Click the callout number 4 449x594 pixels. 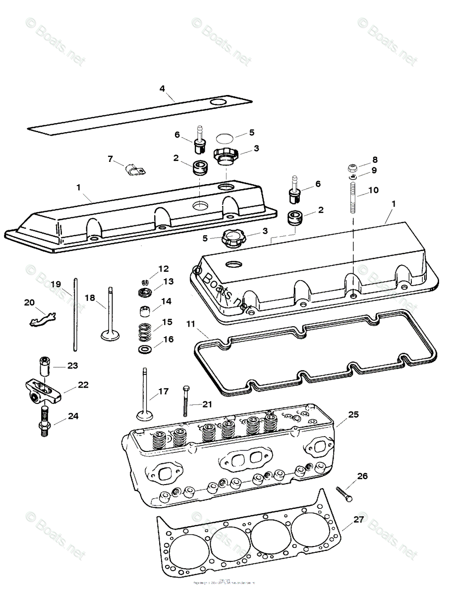coord(162,89)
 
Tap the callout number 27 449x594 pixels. coord(358,520)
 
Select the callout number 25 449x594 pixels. coord(353,414)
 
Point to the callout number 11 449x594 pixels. coord(191,325)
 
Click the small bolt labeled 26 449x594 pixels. coord(343,494)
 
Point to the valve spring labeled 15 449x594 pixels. coord(145,331)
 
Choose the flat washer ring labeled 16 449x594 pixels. coord(145,350)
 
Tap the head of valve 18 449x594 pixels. coord(110,335)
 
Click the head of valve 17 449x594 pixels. coord(145,414)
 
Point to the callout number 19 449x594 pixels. coord(56,284)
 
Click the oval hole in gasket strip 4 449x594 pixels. coord(218,101)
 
